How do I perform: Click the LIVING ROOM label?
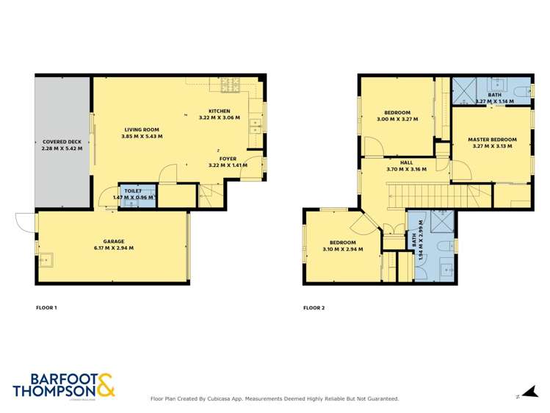click(142, 130)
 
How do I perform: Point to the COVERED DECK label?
click(62, 142)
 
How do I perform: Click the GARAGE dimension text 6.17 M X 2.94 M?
click(113, 248)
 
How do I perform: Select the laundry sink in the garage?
click(46, 259)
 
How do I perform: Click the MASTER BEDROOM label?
click(492, 140)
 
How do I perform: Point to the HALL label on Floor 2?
click(406, 162)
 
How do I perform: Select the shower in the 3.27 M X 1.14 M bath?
click(464, 90)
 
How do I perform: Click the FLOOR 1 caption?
click(46, 307)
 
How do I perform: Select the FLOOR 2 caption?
click(314, 307)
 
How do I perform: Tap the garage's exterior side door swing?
click(25, 220)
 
